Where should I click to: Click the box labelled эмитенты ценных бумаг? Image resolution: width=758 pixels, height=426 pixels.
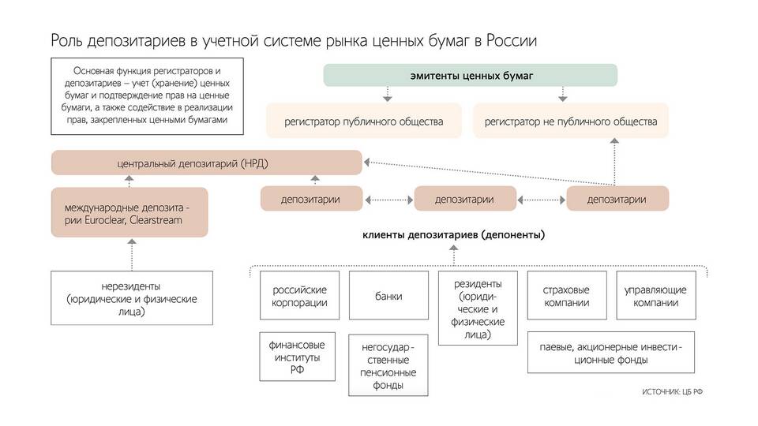click(x=471, y=76)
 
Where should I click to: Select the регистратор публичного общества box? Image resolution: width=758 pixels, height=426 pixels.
click(x=364, y=121)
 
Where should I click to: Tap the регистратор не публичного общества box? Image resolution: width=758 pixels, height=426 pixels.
click(x=570, y=121)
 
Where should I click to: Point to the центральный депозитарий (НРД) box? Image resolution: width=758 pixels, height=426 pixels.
click(x=207, y=163)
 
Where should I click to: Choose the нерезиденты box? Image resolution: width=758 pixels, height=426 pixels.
click(x=132, y=298)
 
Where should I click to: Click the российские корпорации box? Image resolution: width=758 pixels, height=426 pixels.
click(x=299, y=296)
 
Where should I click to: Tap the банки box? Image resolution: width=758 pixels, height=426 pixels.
click(x=388, y=296)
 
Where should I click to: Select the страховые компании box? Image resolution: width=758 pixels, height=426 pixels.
click(x=567, y=296)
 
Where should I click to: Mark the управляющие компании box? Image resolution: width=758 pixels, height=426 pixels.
click(x=655, y=296)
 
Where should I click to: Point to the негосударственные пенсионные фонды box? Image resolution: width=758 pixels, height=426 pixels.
click(x=388, y=364)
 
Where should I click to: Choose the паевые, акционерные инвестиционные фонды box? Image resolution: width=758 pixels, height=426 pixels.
click(x=611, y=353)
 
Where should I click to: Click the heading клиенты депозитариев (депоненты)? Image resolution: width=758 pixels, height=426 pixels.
click(x=453, y=234)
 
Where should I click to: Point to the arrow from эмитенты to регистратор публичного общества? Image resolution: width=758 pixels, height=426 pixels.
click(x=386, y=94)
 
